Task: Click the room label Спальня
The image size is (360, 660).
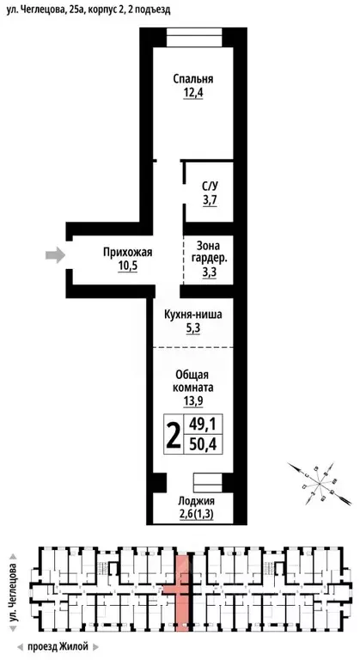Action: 192,79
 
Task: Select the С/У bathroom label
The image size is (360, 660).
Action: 210,186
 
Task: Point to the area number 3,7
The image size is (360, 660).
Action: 210,200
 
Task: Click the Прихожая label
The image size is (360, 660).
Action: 127,252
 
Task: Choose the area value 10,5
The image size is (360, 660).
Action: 127,266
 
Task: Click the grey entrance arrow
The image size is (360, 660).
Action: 55,254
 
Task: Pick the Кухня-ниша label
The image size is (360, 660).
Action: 192,315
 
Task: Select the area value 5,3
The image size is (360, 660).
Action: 192,328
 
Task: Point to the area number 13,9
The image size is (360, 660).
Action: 192,401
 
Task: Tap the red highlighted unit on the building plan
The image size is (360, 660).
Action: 180,593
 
